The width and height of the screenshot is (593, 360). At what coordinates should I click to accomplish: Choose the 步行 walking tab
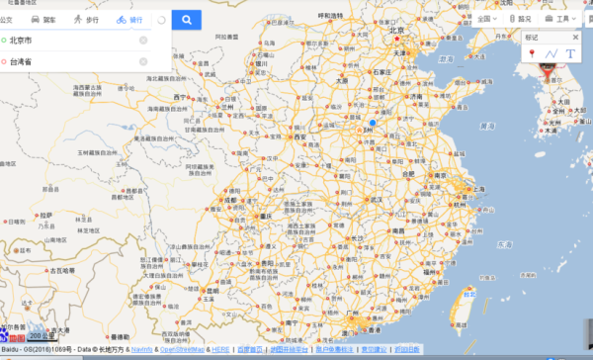pyautogui.click(x=86, y=20)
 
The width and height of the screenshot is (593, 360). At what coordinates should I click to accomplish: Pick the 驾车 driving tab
pyautogui.click(x=42, y=20)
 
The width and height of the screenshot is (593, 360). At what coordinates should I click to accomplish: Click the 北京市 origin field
pyautogui.click(x=69, y=41)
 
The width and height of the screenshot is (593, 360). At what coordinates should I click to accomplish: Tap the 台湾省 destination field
pyautogui.click(x=69, y=61)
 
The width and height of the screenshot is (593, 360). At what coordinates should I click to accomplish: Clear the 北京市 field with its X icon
pyautogui.click(x=143, y=41)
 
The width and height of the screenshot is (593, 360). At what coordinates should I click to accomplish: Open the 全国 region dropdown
pyautogui.click(x=485, y=18)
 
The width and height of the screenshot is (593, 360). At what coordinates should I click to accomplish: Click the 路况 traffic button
pyautogui.click(x=520, y=18)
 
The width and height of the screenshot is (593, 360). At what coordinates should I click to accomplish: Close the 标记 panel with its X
pyautogui.click(x=576, y=37)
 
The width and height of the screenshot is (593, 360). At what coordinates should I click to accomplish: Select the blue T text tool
pyautogui.click(x=570, y=52)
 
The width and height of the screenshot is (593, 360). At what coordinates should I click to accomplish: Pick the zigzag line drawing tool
pyautogui.click(x=552, y=52)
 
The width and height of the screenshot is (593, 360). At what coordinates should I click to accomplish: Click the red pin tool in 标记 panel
pyautogui.click(x=533, y=52)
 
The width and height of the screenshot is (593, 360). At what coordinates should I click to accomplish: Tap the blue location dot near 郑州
pyautogui.click(x=373, y=123)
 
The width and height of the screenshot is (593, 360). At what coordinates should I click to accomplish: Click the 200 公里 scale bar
pyautogui.click(x=43, y=335)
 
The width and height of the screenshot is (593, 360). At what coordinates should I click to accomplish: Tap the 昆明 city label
pyautogui.click(x=211, y=293)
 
